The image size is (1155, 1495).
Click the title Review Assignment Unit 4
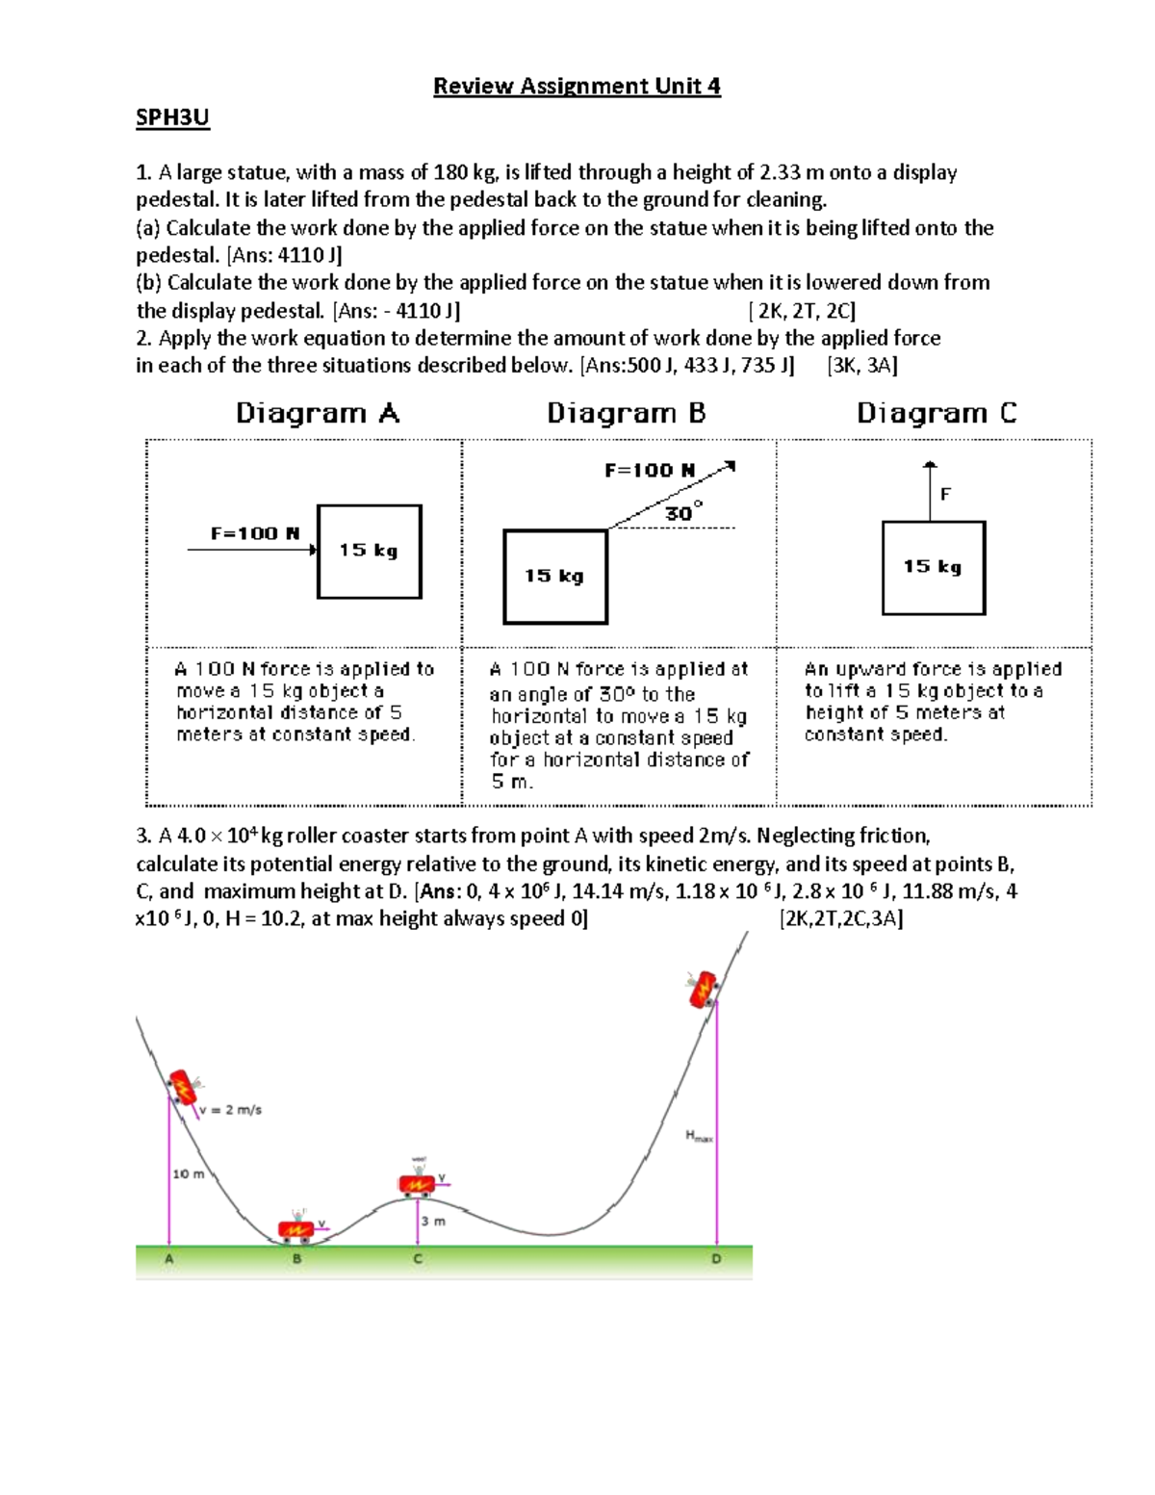click(x=577, y=87)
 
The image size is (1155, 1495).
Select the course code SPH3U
click(x=172, y=118)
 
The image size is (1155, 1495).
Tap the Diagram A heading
click(x=317, y=414)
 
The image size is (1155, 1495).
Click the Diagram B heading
click(x=626, y=414)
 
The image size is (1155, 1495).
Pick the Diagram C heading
click(x=937, y=414)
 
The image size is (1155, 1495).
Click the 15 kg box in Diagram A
click(x=370, y=552)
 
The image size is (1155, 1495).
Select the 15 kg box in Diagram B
click(x=555, y=577)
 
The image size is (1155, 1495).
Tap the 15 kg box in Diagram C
click(x=934, y=568)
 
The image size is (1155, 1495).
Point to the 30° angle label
click(x=683, y=513)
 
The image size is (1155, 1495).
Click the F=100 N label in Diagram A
click(x=255, y=533)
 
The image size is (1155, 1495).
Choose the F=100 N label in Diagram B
click(x=650, y=471)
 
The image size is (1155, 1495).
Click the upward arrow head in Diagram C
click(x=930, y=466)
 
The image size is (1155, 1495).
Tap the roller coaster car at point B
click(x=295, y=1229)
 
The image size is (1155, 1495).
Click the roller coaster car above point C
click(x=417, y=1184)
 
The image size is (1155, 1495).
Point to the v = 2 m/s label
click(x=231, y=1110)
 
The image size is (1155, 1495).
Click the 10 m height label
click(x=189, y=1173)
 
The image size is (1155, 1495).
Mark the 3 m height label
click(x=433, y=1221)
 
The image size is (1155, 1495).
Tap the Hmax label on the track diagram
click(x=699, y=1136)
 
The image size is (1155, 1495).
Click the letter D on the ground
click(x=716, y=1259)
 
